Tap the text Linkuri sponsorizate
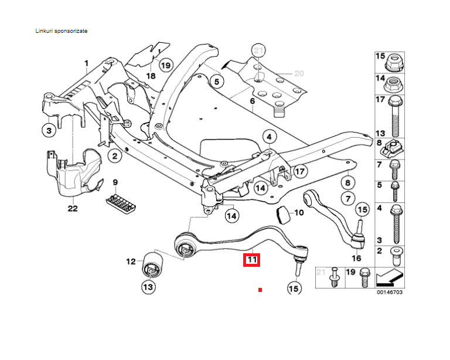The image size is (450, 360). click(62, 30)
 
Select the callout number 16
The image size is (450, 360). click(357, 257)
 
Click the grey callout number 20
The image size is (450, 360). click(299, 74)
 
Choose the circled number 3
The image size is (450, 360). click(49, 130)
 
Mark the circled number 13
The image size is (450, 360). click(148, 287)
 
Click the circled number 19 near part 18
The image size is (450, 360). click(165, 65)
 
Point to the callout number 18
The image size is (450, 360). click(150, 76)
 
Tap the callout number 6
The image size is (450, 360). click(253, 101)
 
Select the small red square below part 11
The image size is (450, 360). click(260, 290)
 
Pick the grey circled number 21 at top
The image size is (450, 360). click(258, 50)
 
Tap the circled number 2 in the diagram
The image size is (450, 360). click(114, 155)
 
